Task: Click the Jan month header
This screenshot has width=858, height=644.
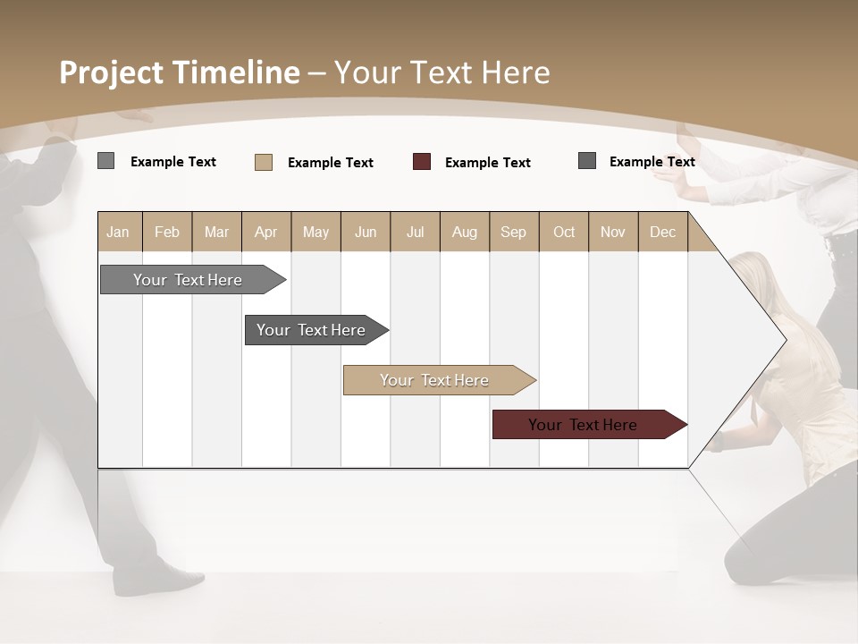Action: click(x=118, y=232)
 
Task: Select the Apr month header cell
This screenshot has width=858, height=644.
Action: click(x=265, y=232)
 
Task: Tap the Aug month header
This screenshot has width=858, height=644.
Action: click(x=464, y=232)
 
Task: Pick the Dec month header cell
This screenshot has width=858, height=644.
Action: click(x=662, y=232)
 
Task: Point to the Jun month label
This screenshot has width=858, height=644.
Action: click(x=365, y=232)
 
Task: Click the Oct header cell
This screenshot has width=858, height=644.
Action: click(x=564, y=232)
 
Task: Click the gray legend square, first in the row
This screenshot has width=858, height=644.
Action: click(x=105, y=161)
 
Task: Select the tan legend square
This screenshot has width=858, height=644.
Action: click(x=264, y=162)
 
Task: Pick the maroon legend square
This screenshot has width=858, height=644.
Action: click(x=422, y=162)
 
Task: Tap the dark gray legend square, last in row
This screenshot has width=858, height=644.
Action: click(x=587, y=161)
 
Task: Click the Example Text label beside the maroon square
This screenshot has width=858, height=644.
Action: click(x=488, y=162)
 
